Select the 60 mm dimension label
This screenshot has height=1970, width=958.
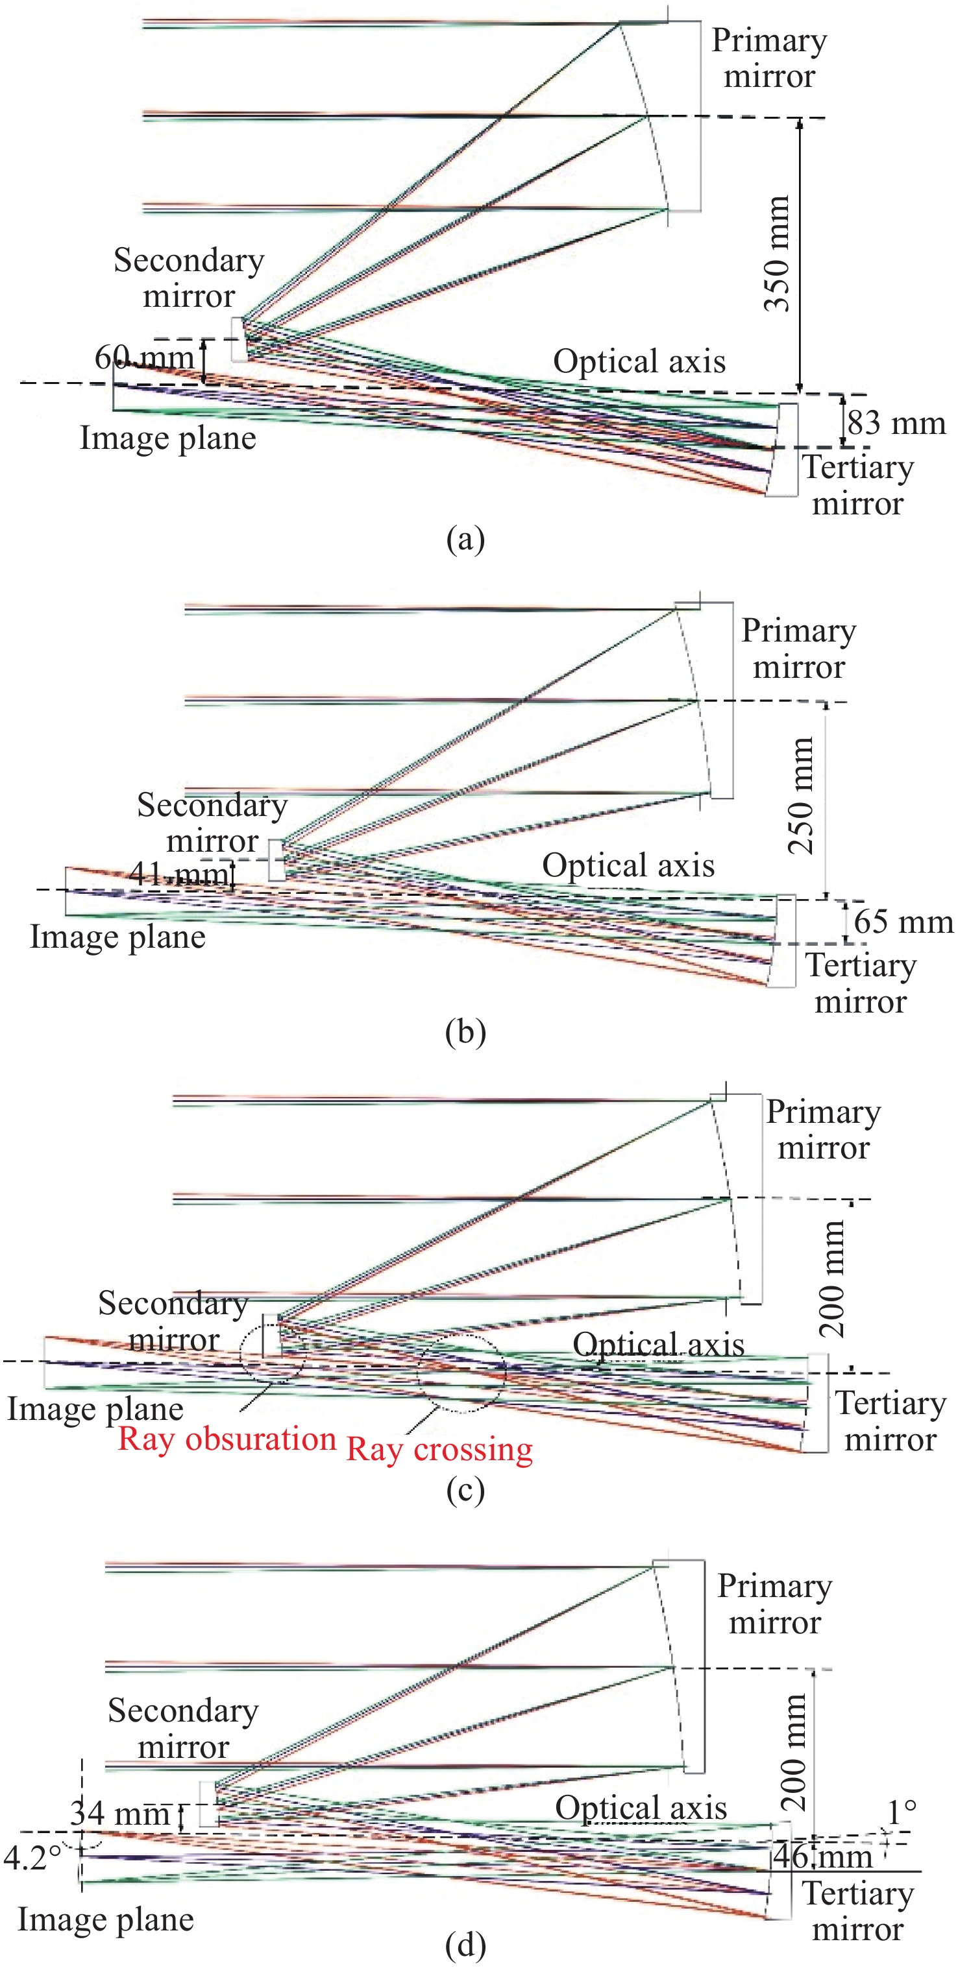(x=144, y=357)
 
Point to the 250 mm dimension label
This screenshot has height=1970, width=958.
(x=800, y=795)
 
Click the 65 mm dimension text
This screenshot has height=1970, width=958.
(x=903, y=922)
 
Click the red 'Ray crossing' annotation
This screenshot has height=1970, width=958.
(x=439, y=1449)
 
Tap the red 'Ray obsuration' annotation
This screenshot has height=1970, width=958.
(x=227, y=1439)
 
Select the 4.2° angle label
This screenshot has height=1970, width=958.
(x=31, y=1857)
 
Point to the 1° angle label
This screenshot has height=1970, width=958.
(x=902, y=1812)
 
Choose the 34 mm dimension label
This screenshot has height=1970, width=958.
(x=119, y=1813)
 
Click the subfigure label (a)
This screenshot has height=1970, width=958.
(x=465, y=539)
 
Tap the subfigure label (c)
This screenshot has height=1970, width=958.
(x=465, y=1491)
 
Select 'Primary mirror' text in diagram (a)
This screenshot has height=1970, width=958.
(x=769, y=58)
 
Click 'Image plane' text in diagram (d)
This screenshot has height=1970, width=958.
(x=106, y=1919)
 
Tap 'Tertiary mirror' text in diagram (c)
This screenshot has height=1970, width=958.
(x=890, y=1421)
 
